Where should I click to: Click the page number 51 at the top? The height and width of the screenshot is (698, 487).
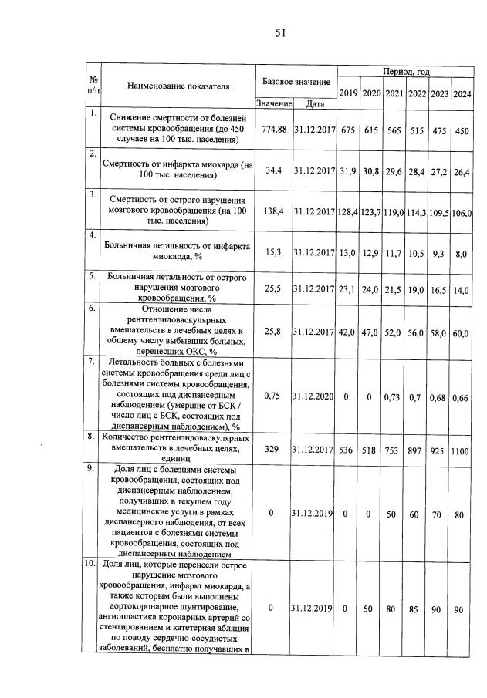pos(280,32)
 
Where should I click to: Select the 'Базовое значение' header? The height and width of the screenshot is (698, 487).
pos(296,81)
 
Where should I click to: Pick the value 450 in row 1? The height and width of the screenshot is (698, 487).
pos(462,130)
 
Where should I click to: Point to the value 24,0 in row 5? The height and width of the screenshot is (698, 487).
pos(371,290)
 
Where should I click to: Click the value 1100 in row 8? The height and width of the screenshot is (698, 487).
pos(462,450)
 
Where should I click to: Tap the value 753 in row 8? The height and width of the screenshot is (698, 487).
pos(394,450)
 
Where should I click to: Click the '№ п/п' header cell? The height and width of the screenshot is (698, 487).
pos(93,86)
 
